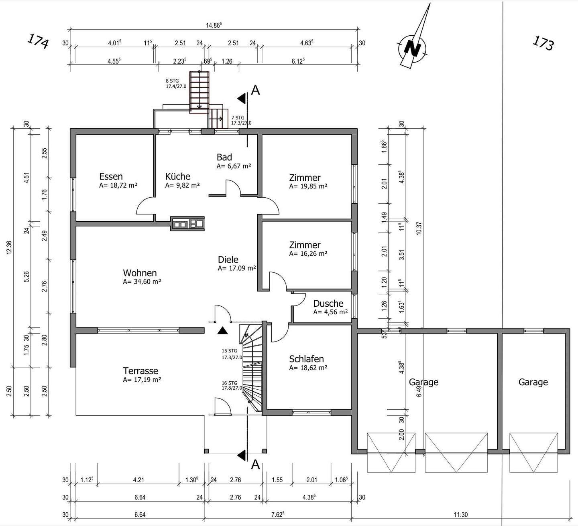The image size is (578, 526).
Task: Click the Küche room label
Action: [177, 176]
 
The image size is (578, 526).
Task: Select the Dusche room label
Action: [328, 303]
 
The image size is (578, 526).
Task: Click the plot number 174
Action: [38, 41]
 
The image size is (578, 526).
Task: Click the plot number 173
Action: [543, 43]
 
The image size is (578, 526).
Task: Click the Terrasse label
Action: [140, 370]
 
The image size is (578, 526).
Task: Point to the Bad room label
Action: [224, 157]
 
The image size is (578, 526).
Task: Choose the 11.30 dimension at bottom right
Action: [460, 514]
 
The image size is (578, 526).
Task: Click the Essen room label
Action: [111, 176]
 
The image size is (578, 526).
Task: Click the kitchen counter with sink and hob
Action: [187, 223]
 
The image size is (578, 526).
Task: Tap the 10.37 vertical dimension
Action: [419, 228]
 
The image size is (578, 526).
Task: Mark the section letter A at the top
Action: [255, 90]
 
